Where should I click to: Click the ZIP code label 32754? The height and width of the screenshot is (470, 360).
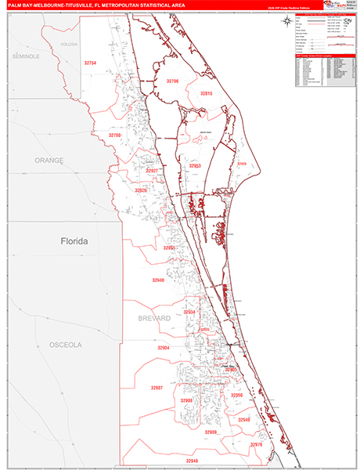(91, 63)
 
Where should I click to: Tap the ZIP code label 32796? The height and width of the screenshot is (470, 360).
(173, 81)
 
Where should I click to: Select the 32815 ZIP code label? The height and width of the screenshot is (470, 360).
(206, 93)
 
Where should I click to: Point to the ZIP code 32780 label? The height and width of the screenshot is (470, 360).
(115, 136)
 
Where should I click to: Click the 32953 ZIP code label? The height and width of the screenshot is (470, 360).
(195, 166)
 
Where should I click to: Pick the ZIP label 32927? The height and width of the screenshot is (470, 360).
(153, 171)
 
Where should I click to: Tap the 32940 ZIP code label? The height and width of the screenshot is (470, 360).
(159, 280)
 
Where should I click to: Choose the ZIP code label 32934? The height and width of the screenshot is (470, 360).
(189, 312)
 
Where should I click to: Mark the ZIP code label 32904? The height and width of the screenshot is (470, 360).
(163, 348)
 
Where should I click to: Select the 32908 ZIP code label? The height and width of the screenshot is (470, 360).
(186, 400)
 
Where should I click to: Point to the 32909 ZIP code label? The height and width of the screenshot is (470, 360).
(211, 432)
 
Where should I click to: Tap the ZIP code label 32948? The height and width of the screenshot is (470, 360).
(193, 461)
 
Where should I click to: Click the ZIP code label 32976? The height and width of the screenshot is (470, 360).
(256, 444)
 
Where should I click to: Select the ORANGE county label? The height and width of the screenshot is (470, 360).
(49, 161)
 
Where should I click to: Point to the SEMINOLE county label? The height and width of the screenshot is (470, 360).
(25, 57)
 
